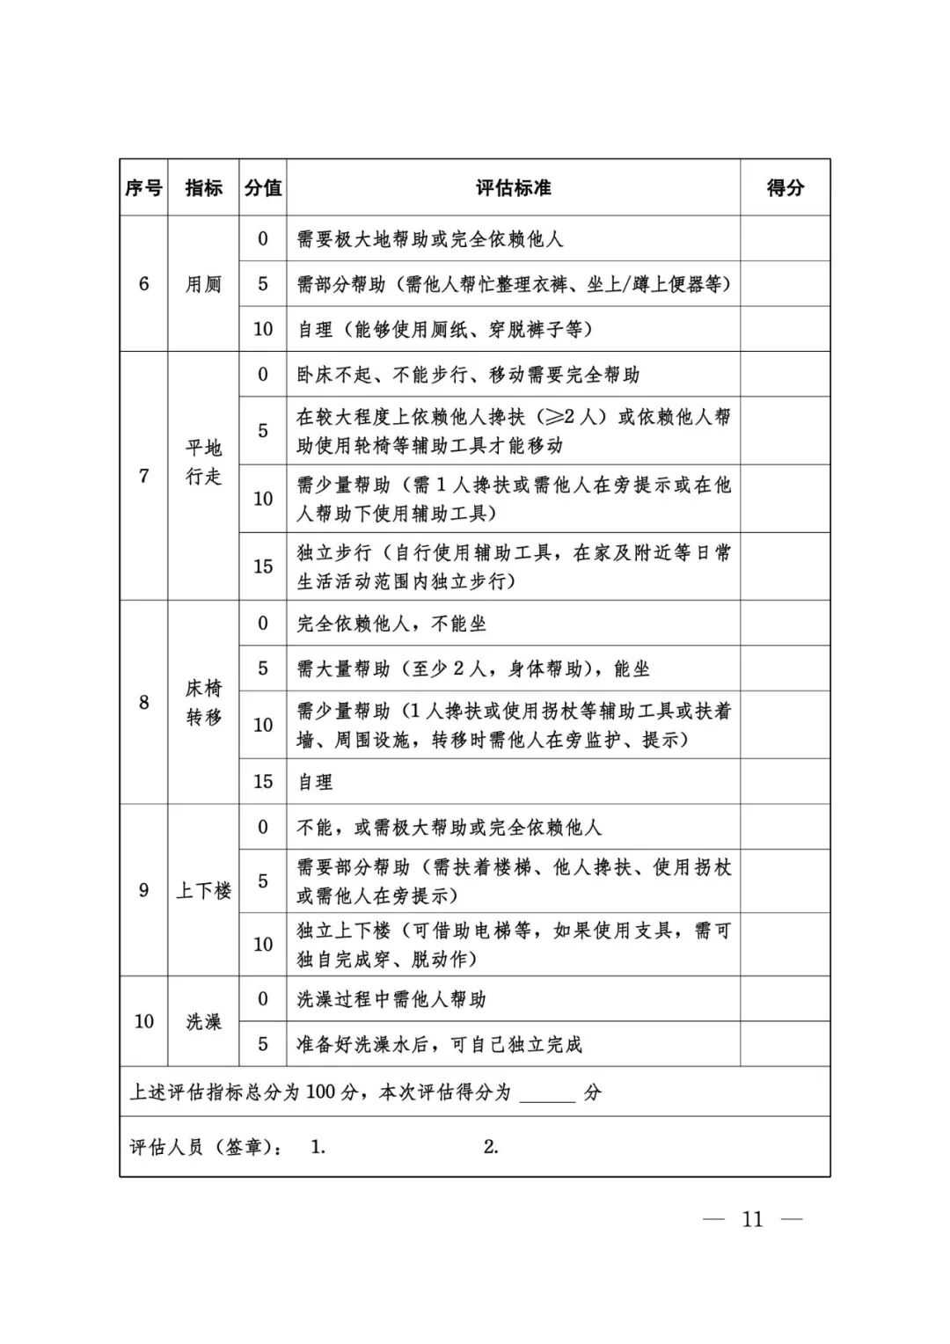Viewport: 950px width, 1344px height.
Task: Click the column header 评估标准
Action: tap(513, 187)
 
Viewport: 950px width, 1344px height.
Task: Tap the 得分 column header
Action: tap(785, 187)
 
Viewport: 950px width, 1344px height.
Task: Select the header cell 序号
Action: tap(143, 187)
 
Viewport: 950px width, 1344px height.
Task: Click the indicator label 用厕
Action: tap(203, 284)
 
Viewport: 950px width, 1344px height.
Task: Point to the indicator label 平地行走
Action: tap(203, 463)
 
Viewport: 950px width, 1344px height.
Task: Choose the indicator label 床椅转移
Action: tap(203, 703)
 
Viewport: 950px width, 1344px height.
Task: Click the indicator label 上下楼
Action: tap(203, 890)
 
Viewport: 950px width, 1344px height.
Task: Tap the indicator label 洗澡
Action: tap(203, 1022)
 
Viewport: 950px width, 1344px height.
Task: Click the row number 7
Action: tap(143, 476)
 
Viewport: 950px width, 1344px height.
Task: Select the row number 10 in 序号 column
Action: tap(143, 1022)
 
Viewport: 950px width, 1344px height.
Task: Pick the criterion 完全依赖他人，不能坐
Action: tap(391, 625)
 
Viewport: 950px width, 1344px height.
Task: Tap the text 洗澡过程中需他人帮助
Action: tap(391, 1000)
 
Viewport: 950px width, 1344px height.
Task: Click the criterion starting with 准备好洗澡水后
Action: tap(439, 1045)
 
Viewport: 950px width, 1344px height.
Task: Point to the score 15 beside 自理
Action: tap(263, 782)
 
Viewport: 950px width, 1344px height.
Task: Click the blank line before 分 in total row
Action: tap(546, 1094)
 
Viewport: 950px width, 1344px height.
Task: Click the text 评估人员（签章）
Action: tap(207, 1147)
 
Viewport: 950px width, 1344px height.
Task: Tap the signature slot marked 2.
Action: tap(491, 1147)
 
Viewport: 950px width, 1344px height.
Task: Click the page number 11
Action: tap(752, 1219)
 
